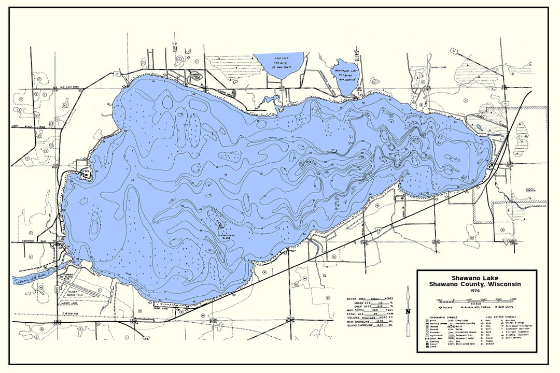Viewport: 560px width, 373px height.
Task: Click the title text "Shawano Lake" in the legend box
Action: [x=476, y=277]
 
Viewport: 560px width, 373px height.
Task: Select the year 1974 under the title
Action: [x=476, y=290]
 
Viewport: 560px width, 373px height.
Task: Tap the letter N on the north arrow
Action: [x=409, y=311]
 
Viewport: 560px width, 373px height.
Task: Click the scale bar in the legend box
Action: [x=476, y=300]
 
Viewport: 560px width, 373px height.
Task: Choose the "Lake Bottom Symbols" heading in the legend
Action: [x=500, y=315]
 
